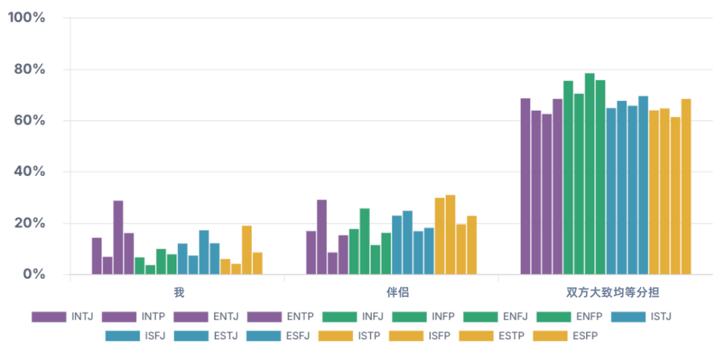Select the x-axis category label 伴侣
coord(391,293)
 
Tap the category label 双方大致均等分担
coord(606,293)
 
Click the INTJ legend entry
coord(62,317)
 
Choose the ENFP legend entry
coord(570,317)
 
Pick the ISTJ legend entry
coord(641,317)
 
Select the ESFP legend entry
coord(565,336)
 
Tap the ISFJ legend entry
coord(136,336)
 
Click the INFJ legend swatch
coord(340,317)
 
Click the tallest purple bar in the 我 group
coord(118,237)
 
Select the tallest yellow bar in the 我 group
coord(247,250)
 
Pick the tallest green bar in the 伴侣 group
coord(365,242)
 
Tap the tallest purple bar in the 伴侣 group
coord(322,237)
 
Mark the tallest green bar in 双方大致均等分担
coord(589,174)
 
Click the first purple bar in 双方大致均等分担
coord(525,187)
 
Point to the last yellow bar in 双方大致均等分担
coord(686,187)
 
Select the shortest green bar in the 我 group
coord(150,270)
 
